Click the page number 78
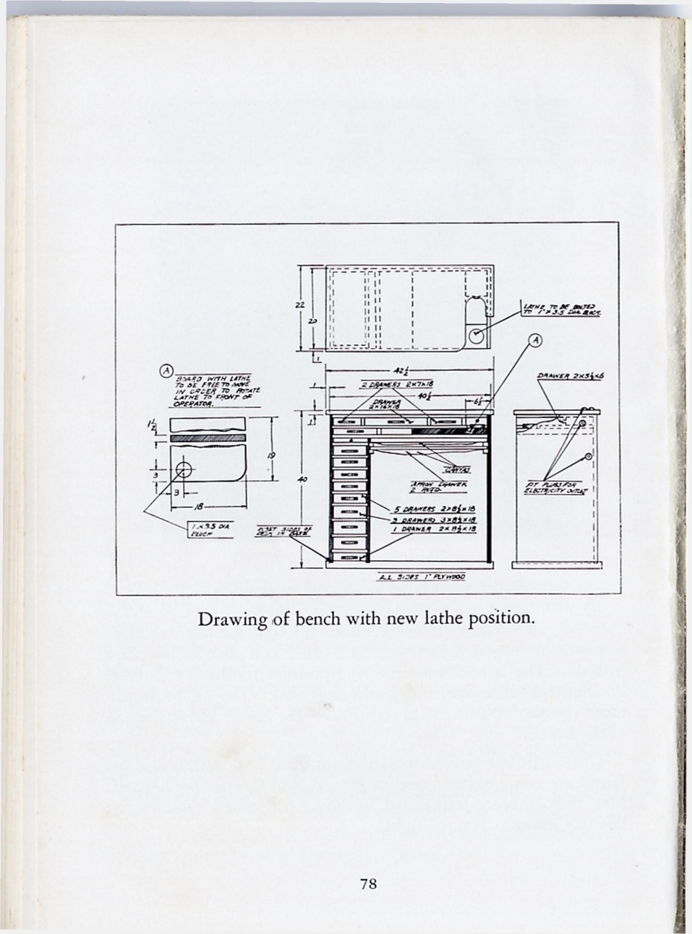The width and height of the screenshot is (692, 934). click(368, 884)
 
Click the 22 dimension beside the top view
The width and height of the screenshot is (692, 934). click(300, 305)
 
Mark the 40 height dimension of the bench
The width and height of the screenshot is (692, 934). click(303, 479)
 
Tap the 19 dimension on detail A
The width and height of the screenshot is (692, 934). click(270, 455)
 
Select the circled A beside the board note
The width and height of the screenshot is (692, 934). click(166, 371)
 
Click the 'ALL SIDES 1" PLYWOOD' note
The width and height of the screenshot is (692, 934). click(420, 576)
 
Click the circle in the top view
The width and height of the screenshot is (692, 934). click(475, 336)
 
